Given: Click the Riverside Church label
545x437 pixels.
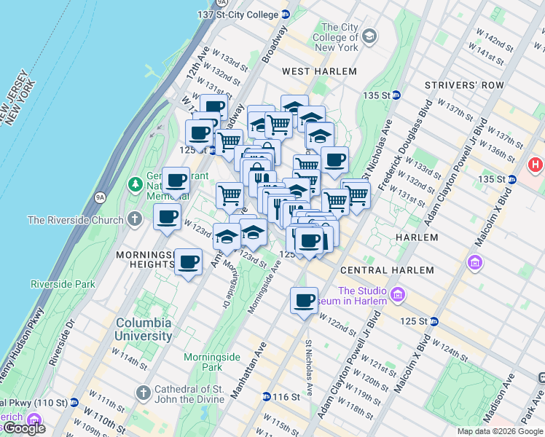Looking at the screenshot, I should point(75,219).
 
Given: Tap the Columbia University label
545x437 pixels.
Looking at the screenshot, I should point(144,329).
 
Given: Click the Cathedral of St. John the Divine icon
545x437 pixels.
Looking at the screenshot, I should point(144,393).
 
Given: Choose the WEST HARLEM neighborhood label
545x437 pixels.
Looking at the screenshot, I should point(319,71).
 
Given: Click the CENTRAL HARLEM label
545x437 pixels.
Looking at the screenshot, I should point(393,269).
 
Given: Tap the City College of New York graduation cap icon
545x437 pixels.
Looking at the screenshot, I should point(369,36).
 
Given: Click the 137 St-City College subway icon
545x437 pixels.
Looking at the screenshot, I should point(286,15).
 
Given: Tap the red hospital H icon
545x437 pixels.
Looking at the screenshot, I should point(537,165).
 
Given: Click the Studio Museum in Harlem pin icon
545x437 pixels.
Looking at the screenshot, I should point(398,294).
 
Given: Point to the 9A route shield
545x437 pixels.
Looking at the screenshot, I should point(101,197).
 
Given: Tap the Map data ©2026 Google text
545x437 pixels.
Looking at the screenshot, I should point(499,431).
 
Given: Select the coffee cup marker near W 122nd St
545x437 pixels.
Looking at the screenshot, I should point(304,300).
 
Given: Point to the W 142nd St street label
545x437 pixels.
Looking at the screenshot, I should point(497,38).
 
